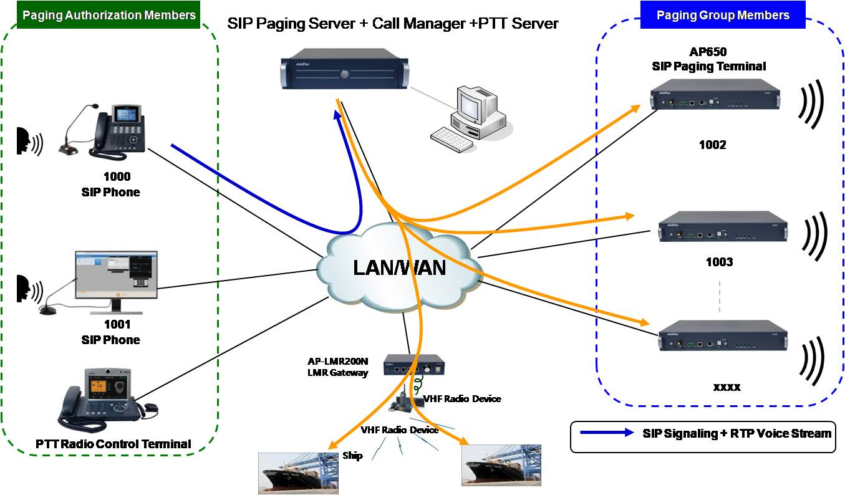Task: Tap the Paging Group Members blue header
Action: click(x=723, y=15)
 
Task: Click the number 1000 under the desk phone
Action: click(x=117, y=177)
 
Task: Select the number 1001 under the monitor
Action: click(x=117, y=324)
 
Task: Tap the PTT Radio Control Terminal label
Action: click(x=113, y=444)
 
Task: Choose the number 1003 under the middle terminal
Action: click(x=719, y=262)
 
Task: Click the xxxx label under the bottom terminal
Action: click(x=727, y=387)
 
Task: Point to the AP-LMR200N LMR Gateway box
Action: click(x=413, y=365)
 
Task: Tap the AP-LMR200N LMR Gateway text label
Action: click(x=338, y=367)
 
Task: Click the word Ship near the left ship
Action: click(x=352, y=456)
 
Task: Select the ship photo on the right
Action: click(x=501, y=465)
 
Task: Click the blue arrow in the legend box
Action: click(x=606, y=433)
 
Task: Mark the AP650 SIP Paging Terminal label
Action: click(x=708, y=60)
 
